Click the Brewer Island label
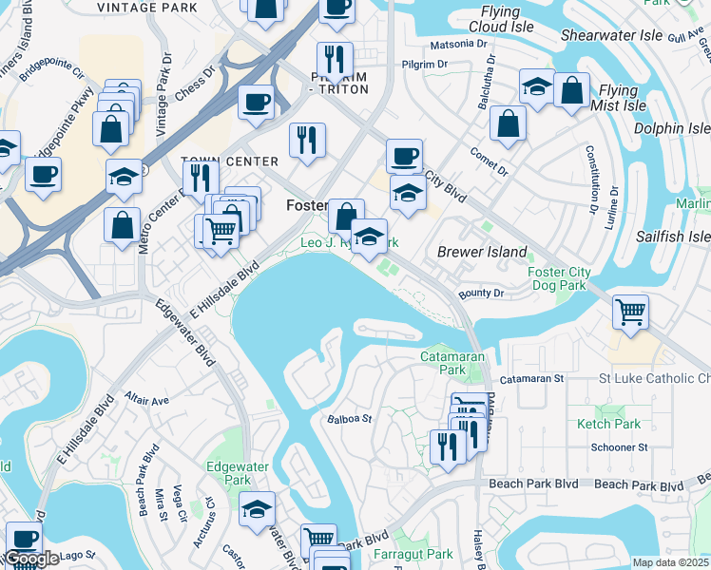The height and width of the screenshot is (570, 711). pos(481,252)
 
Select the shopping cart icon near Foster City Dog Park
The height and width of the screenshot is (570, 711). pos(631,313)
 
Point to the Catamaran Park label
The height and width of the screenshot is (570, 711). pos(443,363)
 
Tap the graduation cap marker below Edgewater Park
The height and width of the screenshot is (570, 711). pos(257,510)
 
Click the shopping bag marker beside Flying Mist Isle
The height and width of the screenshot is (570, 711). pos(571,91)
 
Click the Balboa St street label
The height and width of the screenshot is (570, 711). pos(348,418)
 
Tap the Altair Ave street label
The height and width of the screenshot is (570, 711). pos(146,399)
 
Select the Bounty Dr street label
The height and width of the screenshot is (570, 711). pos(480,294)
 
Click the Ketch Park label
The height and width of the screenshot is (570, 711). pos(607,424)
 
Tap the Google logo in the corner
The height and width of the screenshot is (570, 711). pos(33,559)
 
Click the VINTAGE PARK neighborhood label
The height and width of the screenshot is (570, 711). pos(141,7)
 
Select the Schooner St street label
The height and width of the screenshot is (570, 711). pos(618,446)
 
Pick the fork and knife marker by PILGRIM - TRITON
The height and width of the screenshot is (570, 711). pos(335,59)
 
